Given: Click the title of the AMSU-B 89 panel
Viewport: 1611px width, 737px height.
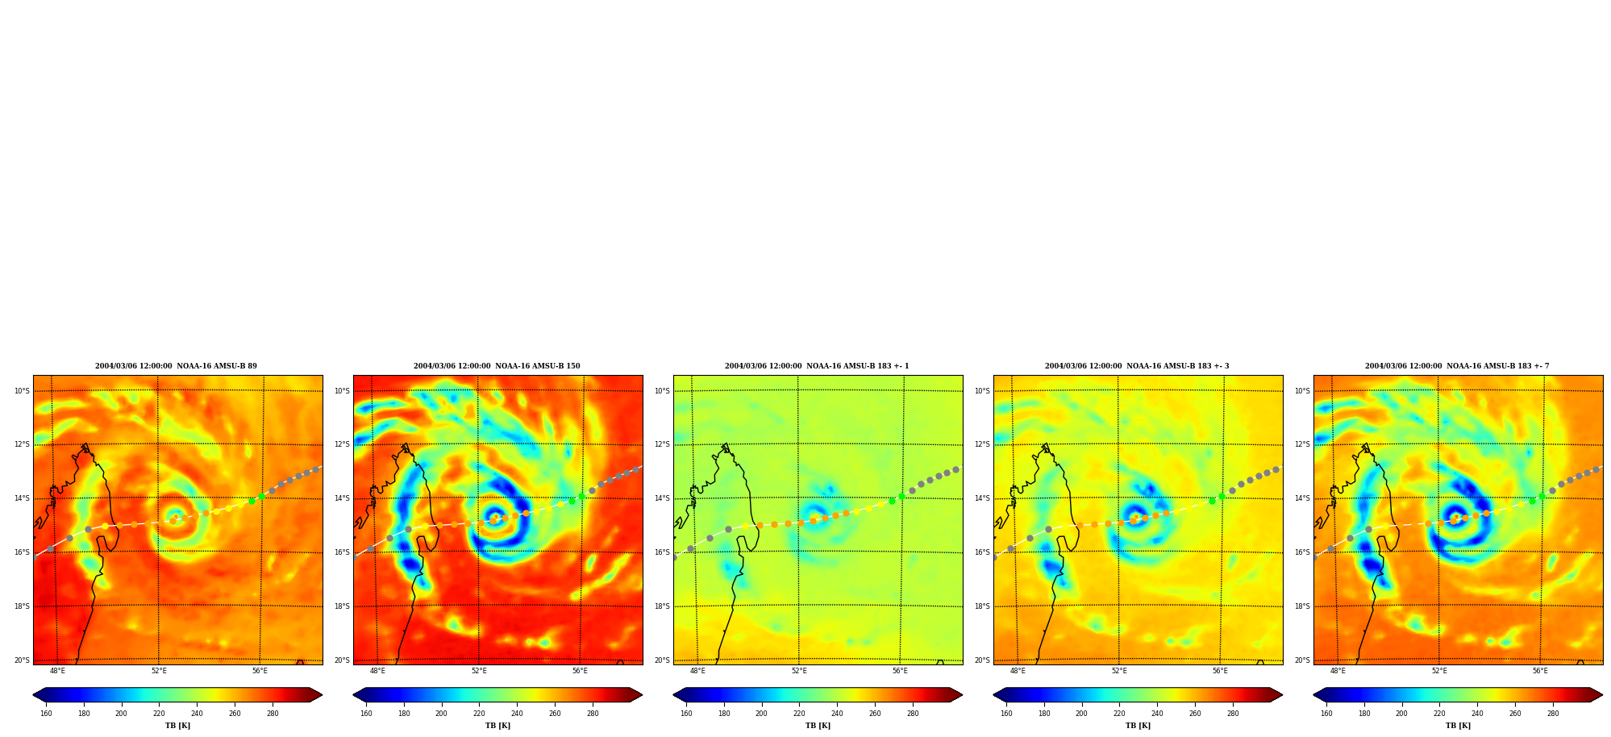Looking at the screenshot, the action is pyautogui.click(x=176, y=366).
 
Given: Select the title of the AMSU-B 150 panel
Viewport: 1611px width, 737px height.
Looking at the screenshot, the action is pyautogui.click(x=497, y=366).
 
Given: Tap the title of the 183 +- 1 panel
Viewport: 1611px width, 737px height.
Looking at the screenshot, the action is pyautogui.click(x=817, y=366).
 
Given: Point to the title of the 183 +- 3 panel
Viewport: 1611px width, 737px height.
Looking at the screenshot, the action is pyautogui.click(x=1137, y=366).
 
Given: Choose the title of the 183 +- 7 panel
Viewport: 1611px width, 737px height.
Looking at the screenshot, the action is pyautogui.click(x=1457, y=366).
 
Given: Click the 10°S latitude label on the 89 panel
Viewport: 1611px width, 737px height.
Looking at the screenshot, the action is pyautogui.click(x=22, y=391).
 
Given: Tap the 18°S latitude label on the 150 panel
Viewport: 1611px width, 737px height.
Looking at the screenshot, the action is pyautogui.click(x=342, y=606).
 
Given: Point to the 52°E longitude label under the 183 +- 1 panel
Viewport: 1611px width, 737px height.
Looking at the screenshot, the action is pyautogui.click(x=799, y=671).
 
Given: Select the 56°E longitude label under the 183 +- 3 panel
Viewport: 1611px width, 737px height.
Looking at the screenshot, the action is pyautogui.click(x=1220, y=671).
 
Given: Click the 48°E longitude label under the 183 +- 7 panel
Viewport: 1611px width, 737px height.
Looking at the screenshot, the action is pyautogui.click(x=1338, y=671).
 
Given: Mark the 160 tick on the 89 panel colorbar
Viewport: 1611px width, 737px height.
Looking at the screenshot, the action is pyautogui.click(x=46, y=713).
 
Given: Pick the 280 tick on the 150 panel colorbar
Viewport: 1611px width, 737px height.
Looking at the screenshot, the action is pyautogui.click(x=593, y=713).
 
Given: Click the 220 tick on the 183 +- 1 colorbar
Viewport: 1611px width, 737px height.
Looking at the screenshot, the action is pyautogui.click(x=799, y=713).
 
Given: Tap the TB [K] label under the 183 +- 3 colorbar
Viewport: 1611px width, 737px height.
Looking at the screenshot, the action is pyautogui.click(x=1138, y=726).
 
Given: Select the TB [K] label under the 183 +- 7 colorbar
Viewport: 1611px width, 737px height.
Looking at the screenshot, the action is pyautogui.click(x=1458, y=726).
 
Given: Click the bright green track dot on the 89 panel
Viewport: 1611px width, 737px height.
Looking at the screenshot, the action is pyautogui.click(x=261, y=497).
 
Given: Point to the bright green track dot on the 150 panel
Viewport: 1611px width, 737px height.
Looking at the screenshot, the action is pyautogui.click(x=581, y=497).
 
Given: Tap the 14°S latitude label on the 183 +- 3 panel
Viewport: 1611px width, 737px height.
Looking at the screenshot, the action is pyautogui.click(x=982, y=498).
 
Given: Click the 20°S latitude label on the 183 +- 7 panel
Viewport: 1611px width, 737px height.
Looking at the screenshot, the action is pyautogui.click(x=1302, y=660).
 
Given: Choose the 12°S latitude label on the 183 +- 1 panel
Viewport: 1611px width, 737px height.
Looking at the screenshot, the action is pyautogui.click(x=662, y=444).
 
